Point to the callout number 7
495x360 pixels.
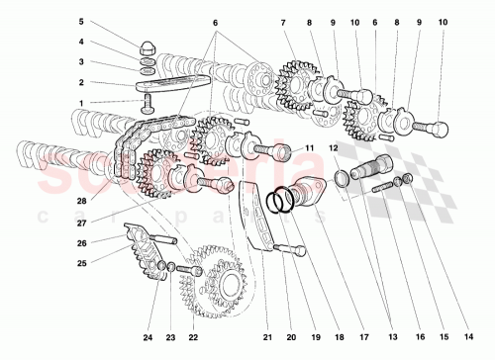pyautogui.click(x=283, y=22)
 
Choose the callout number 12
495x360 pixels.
pyautogui.click(x=334, y=148)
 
